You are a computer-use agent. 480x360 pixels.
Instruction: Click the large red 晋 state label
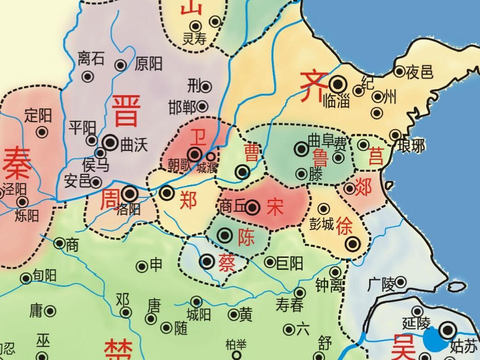(x=125, y=110)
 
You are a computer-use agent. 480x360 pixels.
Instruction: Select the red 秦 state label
(x=17, y=164)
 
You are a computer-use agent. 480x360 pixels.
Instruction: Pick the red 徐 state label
(x=346, y=226)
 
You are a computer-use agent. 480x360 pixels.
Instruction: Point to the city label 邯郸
(x=182, y=107)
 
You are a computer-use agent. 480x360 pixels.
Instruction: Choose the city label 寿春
(x=289, y=304)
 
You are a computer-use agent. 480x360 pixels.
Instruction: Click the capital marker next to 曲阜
(x=302, y=148)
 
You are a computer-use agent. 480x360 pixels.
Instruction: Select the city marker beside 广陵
(x=401, y=282)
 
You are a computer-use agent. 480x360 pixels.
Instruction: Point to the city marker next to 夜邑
(x=399, y=71)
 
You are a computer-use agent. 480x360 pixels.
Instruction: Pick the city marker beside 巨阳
(x=270, y=262)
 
